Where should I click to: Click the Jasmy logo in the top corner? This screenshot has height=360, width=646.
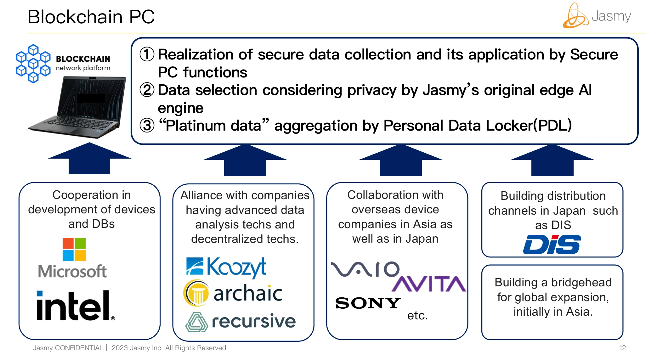pos(597,16)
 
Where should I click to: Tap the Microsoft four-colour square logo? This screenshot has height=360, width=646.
pos(74,249)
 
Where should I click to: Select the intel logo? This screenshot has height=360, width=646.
pos(75,306)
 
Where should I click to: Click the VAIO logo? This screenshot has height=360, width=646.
pos(365,269)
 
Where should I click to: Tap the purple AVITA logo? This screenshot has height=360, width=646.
pos(428,284)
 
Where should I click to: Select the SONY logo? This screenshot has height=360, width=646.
pos(368,303)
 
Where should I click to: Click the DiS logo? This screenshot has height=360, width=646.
pos(552,245)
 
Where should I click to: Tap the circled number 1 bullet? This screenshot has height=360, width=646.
pos(147,54)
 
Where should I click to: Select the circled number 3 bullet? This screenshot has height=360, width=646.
pos(147,126)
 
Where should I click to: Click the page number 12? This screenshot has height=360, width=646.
pos(622,348)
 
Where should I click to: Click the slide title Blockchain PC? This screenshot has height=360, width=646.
pos(91,17)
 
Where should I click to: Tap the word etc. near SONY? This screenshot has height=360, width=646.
pos(417,315)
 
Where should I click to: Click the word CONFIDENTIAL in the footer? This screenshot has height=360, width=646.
pos(79,348)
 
